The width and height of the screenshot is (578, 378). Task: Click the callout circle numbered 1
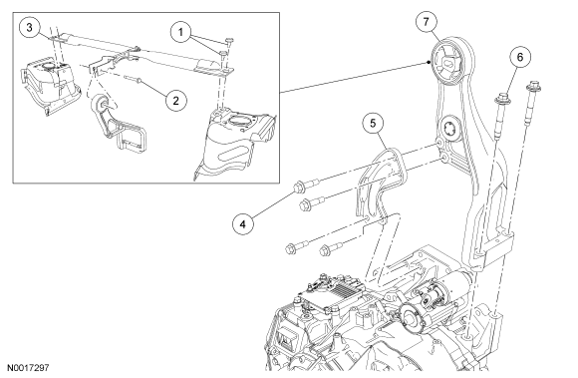pyautogui.click(x=180, y=33)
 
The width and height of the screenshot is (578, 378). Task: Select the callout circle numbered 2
pyautogui.click(x=175, y=101)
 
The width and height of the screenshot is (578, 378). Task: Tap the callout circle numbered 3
pyautogui.click(x=30, y=27)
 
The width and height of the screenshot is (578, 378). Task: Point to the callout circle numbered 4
pyautogui.click(x=243, y=223)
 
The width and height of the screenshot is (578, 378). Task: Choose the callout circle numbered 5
pyautogui.click(x=373, y=123)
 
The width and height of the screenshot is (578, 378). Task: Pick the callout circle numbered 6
pyautogui.click(x=520, y=57)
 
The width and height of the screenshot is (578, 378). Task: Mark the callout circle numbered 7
pyautogui.click(x=427, y=22)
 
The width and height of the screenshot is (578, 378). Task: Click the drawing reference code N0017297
pyautogui.click(x=28, y=368)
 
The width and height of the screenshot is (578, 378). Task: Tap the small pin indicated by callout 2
pyautogui.click(x=133, y=78)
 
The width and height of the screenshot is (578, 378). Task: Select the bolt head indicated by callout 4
pyautogui.click(x=298, y=188)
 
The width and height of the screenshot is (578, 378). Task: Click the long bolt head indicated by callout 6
pyautogui.click(x=500, y=99)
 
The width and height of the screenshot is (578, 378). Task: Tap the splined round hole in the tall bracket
pyautogui.click(x=450, y=128)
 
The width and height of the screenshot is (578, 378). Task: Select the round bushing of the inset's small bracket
pyautogui.click(x=101, y=105)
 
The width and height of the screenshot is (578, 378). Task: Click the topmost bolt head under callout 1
pyautogui.click(x=229, y=40)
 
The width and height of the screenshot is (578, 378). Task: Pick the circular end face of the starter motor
pyautogui.click(x=411, y=316)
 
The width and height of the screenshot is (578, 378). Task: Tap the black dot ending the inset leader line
pyautogui.click(x=429, y=62)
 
